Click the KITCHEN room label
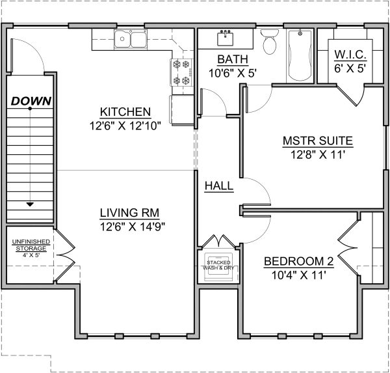point(126,111)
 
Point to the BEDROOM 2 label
point(299,262)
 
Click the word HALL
point(219,186)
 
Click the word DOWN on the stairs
point(31,101)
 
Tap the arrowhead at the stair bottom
point(31,204)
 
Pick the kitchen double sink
point(131,40)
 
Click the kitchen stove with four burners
point(181,72)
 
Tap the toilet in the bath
point(268,42)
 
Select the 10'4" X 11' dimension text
point(299,276)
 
